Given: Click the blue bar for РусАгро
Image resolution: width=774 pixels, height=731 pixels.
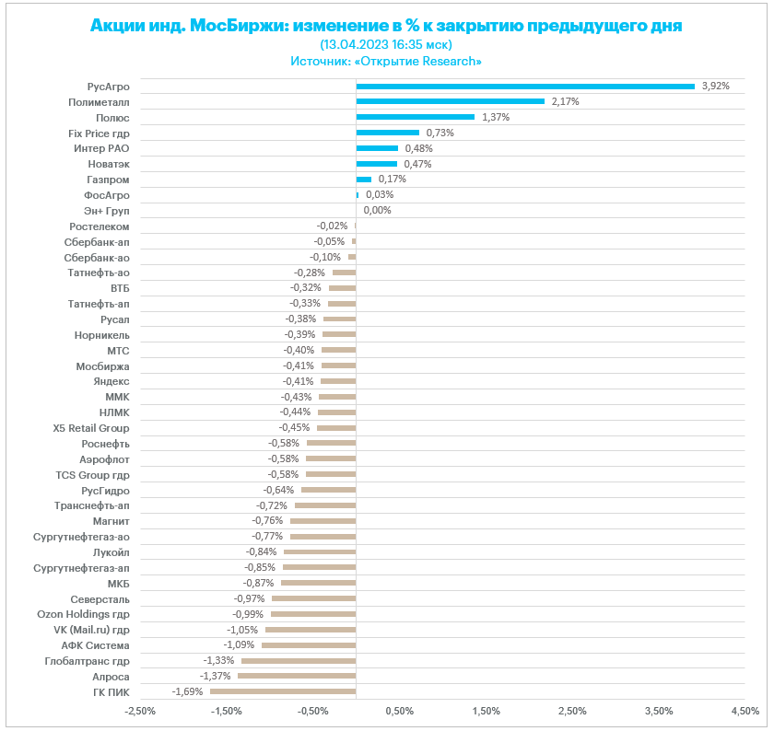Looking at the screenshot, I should click(x=525, y=87).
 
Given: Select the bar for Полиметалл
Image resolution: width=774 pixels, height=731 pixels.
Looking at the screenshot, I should click(x=450, y=101).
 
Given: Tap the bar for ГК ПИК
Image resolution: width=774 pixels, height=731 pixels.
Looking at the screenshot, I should click(x=283, y=691).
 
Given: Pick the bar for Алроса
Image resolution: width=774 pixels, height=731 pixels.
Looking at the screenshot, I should click(x=297, y=676).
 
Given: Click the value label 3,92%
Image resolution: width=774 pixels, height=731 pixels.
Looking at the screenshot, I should click(x=716, y=86).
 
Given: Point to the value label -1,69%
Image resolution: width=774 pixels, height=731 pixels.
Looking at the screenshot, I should click(x=187, y=691).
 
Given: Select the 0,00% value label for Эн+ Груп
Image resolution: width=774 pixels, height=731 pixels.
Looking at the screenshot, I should click(x=377, y=210).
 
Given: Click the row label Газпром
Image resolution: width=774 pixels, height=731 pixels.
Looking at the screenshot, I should click(x=109, y=180).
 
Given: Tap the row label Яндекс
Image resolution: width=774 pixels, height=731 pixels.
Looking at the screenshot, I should click(x=111, y=381).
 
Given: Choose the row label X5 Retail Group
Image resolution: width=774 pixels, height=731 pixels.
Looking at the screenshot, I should click(x=91, y=428).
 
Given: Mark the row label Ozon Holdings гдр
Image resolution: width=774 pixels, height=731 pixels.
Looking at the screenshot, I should click(x=83, y=614).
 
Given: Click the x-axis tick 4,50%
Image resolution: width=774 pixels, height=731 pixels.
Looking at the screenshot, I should click(x=745, y=711).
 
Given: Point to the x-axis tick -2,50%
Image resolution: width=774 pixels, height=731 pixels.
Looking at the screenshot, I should click(x=140, y=711).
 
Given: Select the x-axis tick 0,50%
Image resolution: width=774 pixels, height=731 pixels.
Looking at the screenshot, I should click(x=399, y=711).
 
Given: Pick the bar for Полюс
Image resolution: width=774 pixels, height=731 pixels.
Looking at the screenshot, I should click(x=415, y=117).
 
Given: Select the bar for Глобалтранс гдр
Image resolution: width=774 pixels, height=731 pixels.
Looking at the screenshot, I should click(x=299, y=660).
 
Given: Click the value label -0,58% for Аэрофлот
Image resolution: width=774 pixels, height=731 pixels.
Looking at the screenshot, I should click(x=284, y=458).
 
